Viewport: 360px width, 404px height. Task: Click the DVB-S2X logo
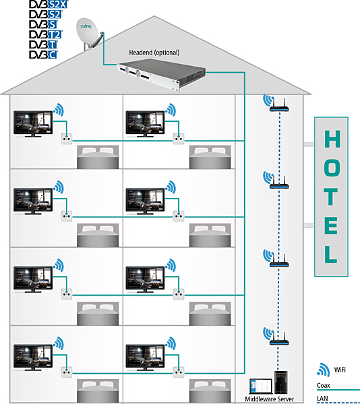click(x=49, y=4)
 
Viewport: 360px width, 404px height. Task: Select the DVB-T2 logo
click(x=45, y=34)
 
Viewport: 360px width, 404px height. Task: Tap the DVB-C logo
click(x=43, y=55)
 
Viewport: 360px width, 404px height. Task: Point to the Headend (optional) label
click(x=154, y=53)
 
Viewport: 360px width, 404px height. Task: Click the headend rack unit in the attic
click(x=161, y=74)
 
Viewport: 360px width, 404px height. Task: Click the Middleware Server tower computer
click(x=281, y=382)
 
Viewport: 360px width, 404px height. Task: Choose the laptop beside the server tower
click(x=261, y=386)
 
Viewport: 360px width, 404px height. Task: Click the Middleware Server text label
click(x=269, y=399)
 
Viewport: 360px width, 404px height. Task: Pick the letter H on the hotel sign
click(x=332, y=139)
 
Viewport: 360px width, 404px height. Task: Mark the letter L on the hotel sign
click(x=331, y=254)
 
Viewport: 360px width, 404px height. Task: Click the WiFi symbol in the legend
click(x=324, y=370)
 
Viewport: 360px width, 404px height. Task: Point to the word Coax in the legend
click(x=324, y=385)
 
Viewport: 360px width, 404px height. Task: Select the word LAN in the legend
click(x=322, y=399)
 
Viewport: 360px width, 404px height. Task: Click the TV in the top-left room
click(x=33, y=124)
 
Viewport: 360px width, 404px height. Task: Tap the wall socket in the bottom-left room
click(x=67, y=372)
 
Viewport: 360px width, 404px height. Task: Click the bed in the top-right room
click(x=210, y=157)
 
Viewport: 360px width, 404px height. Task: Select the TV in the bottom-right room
click(x=145, y=358)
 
